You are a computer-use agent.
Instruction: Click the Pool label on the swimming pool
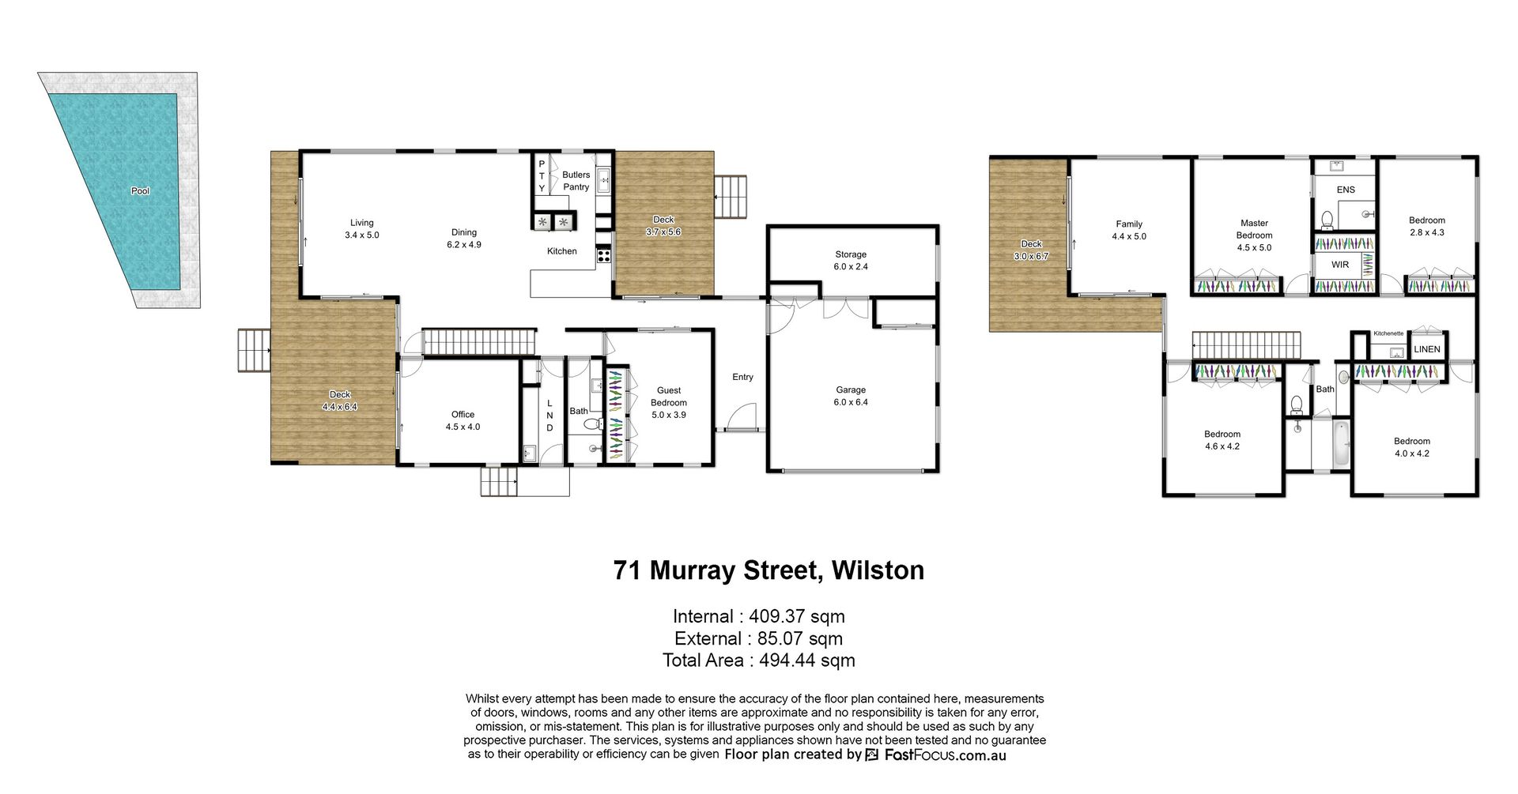(140, 190)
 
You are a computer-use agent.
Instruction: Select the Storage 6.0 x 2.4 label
(851, 261)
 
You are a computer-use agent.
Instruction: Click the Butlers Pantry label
(576, 181)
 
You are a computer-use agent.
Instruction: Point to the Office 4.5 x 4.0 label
(463, 420)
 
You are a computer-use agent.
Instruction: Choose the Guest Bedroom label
(669, 402)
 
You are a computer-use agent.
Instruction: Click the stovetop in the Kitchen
(603, 254)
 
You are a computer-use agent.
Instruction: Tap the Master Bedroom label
(1255, 235)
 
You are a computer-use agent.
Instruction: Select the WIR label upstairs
(1340, 265)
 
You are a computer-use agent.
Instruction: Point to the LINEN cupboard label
(1427, 349)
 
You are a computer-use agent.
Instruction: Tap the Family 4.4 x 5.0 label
(1129, 230)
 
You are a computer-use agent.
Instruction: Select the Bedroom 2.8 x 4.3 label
(1427, 227)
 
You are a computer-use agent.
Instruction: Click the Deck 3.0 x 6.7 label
(1031, 250)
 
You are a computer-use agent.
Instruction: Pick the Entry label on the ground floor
(742, 377)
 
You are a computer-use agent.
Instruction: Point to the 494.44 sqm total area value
(807, 660)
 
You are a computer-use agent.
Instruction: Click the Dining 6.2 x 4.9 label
(464, 239)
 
